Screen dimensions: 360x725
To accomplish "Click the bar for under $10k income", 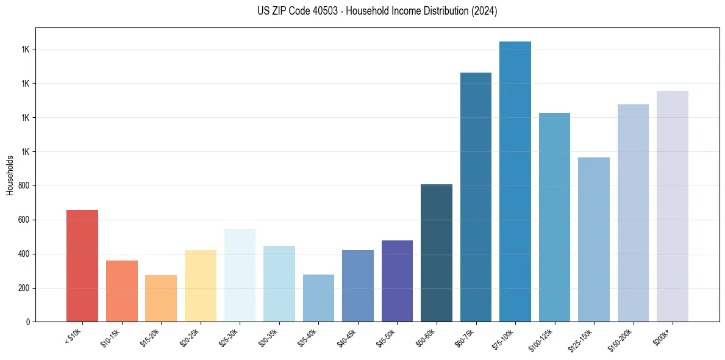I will click(x=82, y=266).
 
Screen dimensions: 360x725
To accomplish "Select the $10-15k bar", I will click(x=122, y=291).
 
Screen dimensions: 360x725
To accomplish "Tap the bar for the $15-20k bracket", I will click(x=161, y=298).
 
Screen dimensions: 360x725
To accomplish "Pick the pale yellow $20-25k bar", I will click(x=201, y=286).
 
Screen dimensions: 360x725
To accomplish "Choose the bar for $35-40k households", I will click(x=318, y=298).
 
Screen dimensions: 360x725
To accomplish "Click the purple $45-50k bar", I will click(x=397, y=281).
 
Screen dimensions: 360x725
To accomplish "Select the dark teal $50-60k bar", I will click(x=437, y=253).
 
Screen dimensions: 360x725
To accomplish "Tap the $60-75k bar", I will click(x=476, y=197).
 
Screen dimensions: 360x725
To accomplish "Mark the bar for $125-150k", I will click(x=594, y=240).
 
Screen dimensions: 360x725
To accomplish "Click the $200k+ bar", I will click(x=673, y=206).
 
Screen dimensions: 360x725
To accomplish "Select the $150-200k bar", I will click(x=633, y=213).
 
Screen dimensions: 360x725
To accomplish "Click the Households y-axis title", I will click(x=10, y=175).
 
